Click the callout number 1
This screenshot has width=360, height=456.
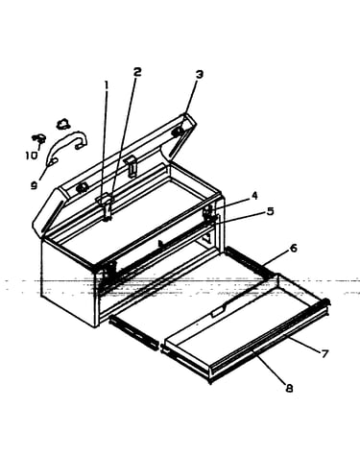(107, 85)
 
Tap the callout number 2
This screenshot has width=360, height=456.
(137, 72)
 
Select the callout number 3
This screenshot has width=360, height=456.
(200, 75)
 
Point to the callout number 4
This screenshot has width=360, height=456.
(254, 196)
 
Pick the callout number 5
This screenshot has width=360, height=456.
(271, 211)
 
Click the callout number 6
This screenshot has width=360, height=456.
(294, 248)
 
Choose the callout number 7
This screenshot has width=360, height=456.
(324, 354)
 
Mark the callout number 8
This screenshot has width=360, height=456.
(289, 389)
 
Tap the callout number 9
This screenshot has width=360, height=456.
(35, 185)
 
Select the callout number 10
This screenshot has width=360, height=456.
(32, 156)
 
